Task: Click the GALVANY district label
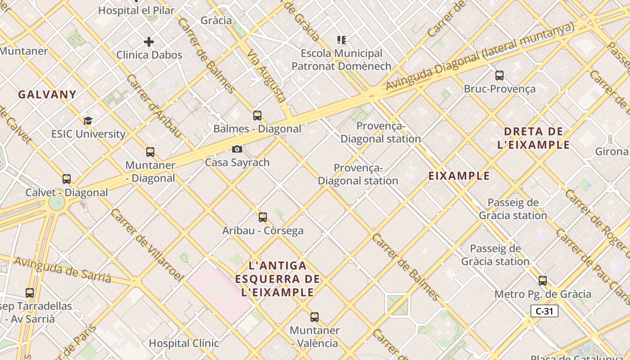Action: (47, 94)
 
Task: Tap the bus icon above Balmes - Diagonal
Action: (257, 116)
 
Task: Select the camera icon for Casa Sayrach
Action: (237, 149)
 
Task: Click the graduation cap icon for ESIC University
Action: (88, 121)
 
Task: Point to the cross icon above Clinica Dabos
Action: (149, 42)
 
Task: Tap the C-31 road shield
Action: (544, 311)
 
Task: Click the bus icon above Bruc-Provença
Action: (499, 76)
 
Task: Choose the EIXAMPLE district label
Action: (459, 176)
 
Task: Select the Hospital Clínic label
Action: (184, 343)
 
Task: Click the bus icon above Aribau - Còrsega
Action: (263, 217)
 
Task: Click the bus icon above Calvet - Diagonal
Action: (67, 179)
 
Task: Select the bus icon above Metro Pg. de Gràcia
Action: (543, 281)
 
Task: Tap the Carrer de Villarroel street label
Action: (146, 245)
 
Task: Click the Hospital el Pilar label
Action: (136, 10)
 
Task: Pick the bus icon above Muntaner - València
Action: (315, 317)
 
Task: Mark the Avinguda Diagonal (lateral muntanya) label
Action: (480, 57)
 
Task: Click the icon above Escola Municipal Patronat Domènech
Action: (342, 40)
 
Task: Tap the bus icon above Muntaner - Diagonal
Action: (150, 152)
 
